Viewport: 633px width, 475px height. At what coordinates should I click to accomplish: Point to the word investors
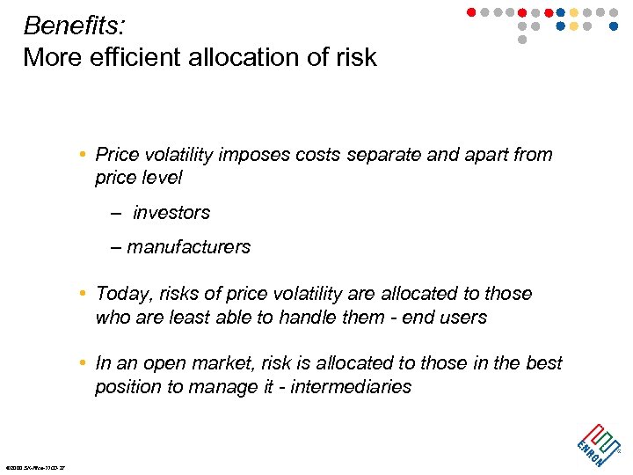pyautogui.click(x=171, y=213)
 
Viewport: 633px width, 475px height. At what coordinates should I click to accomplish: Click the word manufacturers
pyautogui.click(x=188, y=247)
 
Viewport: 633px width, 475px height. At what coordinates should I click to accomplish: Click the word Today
pyautogui.click(x=121, y=293)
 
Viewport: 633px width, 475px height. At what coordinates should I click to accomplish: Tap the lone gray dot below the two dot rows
pyautogui.click(x=522, y=40)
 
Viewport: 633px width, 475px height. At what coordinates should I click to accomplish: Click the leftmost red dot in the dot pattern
pyautogui.click(x=470, y=12)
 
